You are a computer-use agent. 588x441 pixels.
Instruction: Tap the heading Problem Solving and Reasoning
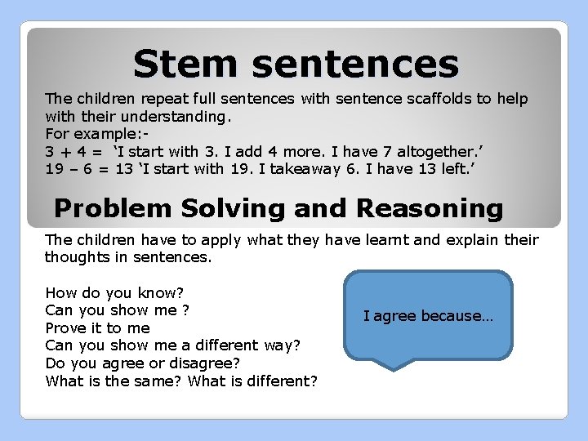click(278, 208)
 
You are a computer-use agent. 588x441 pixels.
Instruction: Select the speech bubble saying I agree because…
click(428, 315)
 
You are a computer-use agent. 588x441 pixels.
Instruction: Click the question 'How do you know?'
click(114, 292)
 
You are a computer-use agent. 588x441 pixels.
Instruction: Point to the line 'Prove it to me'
click(97, 327)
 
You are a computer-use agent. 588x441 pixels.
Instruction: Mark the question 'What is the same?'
click(114, 381)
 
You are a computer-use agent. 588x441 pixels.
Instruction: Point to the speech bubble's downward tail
click(395, 364)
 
